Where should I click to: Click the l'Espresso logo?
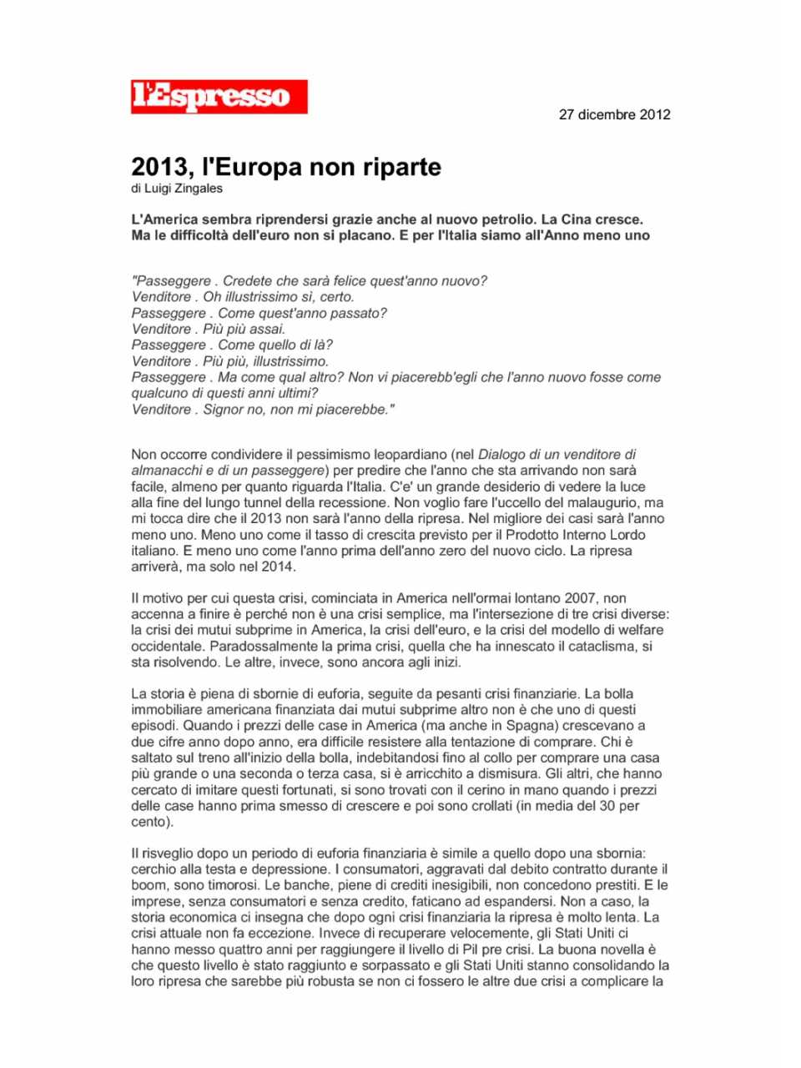click(x=219, y=97)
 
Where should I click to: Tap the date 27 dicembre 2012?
click(x=614, y=115)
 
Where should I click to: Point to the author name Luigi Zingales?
click(x=184, y=189)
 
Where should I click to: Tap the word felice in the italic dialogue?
click(x=372, y=281)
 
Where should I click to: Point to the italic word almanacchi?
click(x=165, y=471)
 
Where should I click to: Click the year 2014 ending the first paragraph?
click(x=277, y=567)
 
